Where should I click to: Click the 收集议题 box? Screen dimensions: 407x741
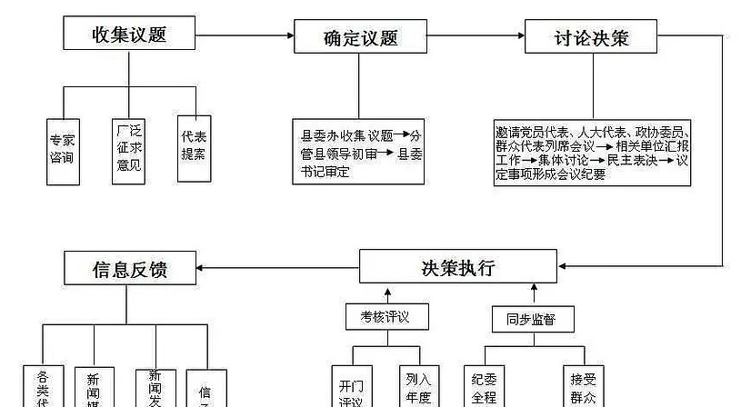pyautogui.click(x=130, y=34)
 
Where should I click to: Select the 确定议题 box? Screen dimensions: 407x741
pyautogui.click(x=360, y=37)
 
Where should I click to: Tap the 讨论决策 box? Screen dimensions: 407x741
pyautogui.click(x=591, y=37)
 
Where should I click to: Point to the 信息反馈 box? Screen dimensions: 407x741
pyautogui.click(x=130, y=269)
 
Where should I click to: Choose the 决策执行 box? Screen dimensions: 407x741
pyautogui.click(x=458, y=267)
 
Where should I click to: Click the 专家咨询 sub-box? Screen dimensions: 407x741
pyautogui.click(x=63, y=150)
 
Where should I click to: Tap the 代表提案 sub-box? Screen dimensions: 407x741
pyautogui.click(x=194, y=145)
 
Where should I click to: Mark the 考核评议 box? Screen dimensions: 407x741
pyautogui.click(x=387, y=317)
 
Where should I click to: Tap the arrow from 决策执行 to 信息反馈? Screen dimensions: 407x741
pyautogui.click(x=278, y=268)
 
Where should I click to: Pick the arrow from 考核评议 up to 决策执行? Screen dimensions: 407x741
pyautogui.click(x=387, y=294)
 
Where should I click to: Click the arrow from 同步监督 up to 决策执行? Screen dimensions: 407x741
pyautogui.click(x=534, y=294)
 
